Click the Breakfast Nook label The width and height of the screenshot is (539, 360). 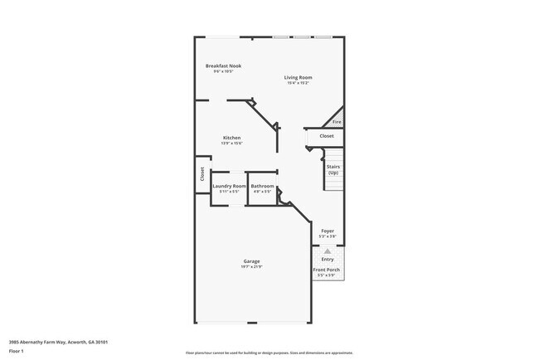[223, 66]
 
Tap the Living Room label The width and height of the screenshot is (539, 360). [299, 77]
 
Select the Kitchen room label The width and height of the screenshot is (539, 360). [231, 138]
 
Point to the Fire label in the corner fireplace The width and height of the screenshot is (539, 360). [337, 122]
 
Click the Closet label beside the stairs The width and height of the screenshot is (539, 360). [327, 136]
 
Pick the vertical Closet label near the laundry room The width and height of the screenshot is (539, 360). [202, 174]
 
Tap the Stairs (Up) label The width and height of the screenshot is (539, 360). [333, 169]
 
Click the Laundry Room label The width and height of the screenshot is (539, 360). [229, 186]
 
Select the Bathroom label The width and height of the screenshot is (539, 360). [263, 186]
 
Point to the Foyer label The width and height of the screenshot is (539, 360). [328, 231]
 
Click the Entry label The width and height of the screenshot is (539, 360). [328, 259]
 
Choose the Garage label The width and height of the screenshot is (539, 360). [251, 260]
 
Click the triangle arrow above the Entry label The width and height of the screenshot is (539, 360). [328, 250]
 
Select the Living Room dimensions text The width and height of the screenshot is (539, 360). [299, 83]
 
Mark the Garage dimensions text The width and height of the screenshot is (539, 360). [251, 266]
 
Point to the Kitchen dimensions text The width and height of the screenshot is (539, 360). [231, 144]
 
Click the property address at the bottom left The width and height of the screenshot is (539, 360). [58, 342]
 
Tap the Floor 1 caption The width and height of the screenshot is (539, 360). [17, 351]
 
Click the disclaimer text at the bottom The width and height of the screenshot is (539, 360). [269, 352]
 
